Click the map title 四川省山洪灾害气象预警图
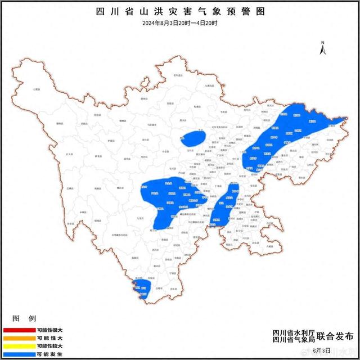[180, 11]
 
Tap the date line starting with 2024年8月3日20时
[180, 22]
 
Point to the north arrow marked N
[323, 48]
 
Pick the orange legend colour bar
[18, 338]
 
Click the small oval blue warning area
[194, 138]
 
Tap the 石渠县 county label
[37, 89]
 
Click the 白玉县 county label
[69, 153]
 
